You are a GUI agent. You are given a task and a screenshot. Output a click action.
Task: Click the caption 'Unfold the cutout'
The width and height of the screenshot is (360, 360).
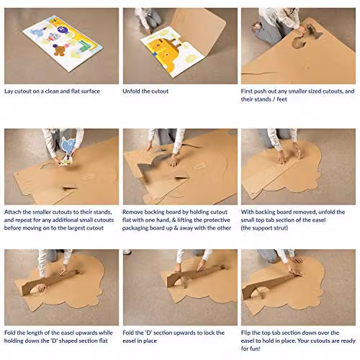pos(145,91)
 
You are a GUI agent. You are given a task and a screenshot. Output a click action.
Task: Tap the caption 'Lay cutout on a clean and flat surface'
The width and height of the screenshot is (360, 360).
pos(52,91)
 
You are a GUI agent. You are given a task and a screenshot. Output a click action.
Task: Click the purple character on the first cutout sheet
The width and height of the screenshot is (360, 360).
pos(60,30)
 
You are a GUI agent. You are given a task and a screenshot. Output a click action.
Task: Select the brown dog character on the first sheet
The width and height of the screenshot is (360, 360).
pos(58,50)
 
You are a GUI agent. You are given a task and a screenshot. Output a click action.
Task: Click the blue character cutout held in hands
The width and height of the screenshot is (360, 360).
pos(69,145)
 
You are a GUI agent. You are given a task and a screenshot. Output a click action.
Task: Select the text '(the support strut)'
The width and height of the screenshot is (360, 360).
pos(264,228)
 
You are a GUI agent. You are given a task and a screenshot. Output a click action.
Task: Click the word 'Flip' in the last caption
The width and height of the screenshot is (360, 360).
pos(246,333)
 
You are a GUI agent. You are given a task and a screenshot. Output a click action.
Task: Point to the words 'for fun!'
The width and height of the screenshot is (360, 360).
pos(251,348)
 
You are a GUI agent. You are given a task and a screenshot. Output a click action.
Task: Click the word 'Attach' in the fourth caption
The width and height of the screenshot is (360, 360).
pos(13,212)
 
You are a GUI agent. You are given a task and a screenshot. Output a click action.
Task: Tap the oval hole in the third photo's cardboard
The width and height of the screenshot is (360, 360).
pos(298,42)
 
